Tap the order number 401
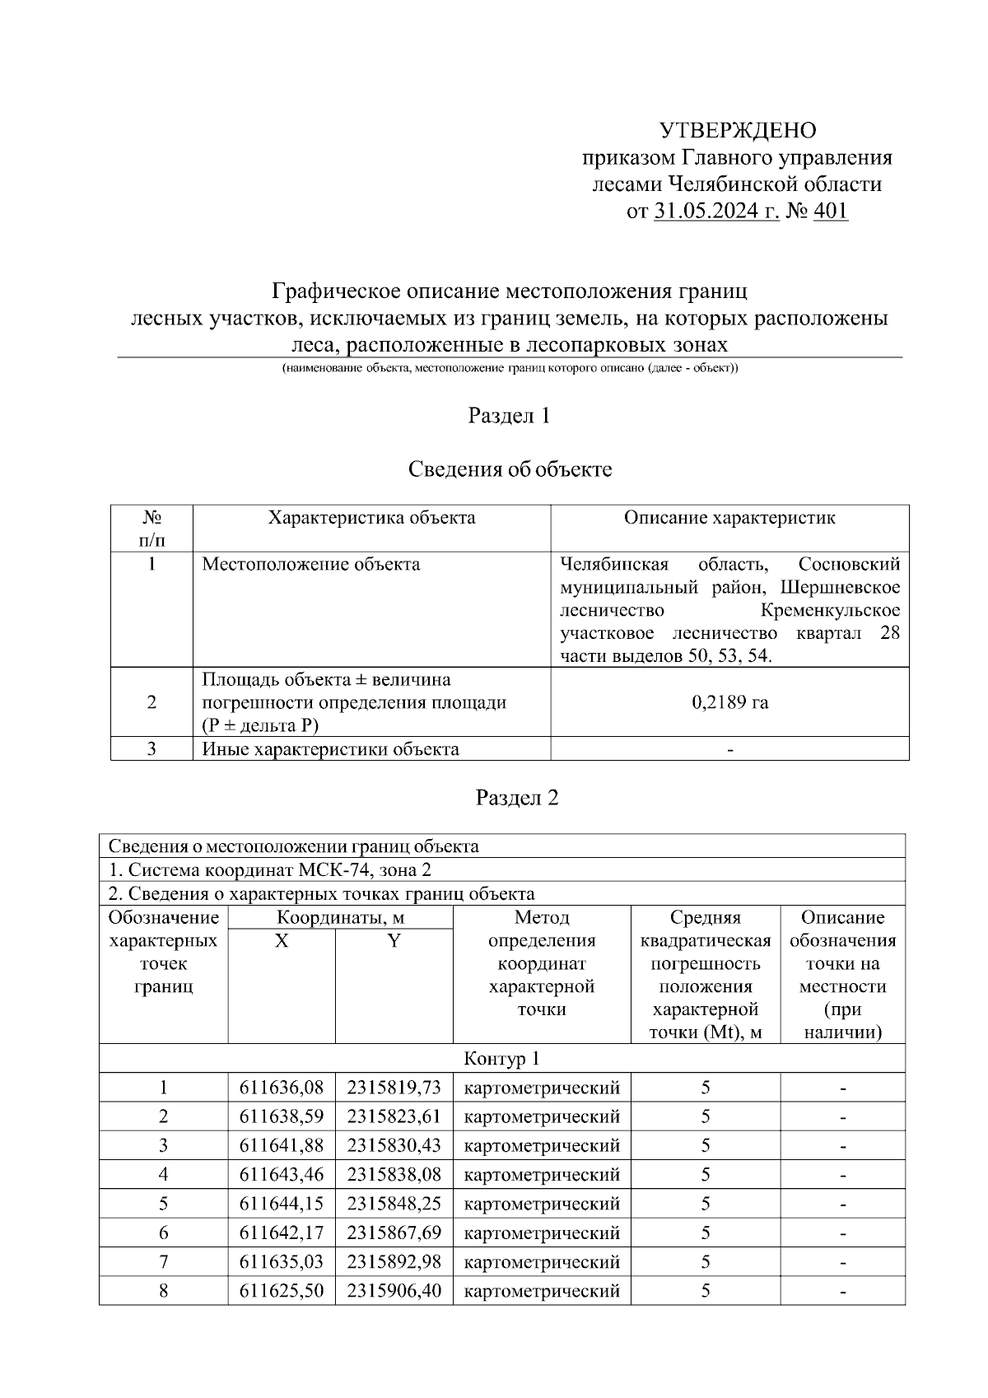click(x=830, y=212)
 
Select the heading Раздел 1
click(x=509, y=416)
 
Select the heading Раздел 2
click(x=517, y=798)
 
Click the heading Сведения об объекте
click(x=510, y=469)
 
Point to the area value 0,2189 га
click(x=729, y=702)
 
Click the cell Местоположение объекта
click(x=311, y=564)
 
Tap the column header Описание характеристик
click(x=729, y=518)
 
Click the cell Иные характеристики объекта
click(x=331, y=749)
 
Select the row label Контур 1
click(x=501, y=1059)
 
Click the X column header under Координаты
click(x=282, y=941)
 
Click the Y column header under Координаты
click(x=394, y=941)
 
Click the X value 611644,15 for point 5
click(x=282, y=1204)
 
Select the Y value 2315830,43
click(x=394, y=1146)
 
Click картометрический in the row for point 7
click(x=542, y=1262)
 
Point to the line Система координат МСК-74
click(x=270, y=870)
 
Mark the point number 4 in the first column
click(x=164, y=1175)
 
